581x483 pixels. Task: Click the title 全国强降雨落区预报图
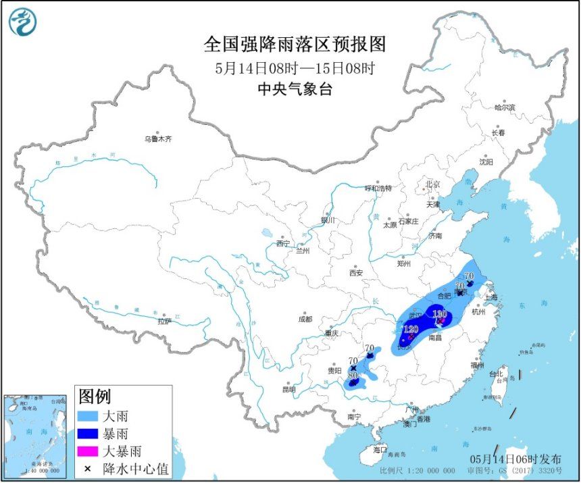(x=295, y=45)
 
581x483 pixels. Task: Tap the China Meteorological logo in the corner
(x=22, y=22)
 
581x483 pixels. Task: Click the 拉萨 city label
(x=166, y=322)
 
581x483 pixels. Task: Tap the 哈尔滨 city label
(x=504, y=107)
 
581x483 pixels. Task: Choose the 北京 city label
(x=432, y=184)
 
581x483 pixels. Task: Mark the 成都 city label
(x=304, y=319)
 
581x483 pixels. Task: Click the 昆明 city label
(x=289, y=390)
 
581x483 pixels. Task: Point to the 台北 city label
(x=496, y=373)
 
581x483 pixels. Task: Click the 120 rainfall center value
(x=410, y=329)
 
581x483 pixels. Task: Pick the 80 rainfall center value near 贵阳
(x=352, y=375)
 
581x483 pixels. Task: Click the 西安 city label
(x=356, y=273)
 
